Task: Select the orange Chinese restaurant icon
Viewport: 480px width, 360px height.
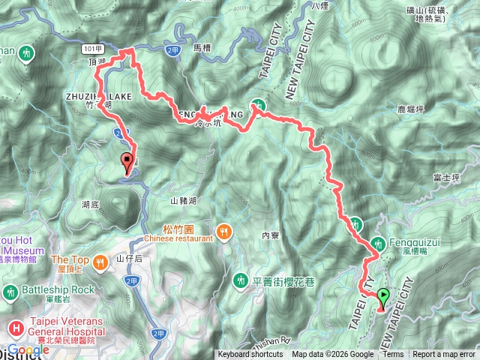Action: click(x=223, y=231)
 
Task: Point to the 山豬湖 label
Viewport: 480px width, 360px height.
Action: click(x=183, y=200)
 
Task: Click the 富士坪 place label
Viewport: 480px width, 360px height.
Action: click(x=445, y=178)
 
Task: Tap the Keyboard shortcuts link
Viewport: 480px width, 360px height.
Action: click(x=250, y=355)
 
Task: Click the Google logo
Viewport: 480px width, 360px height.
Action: click(x=28, y=350)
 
